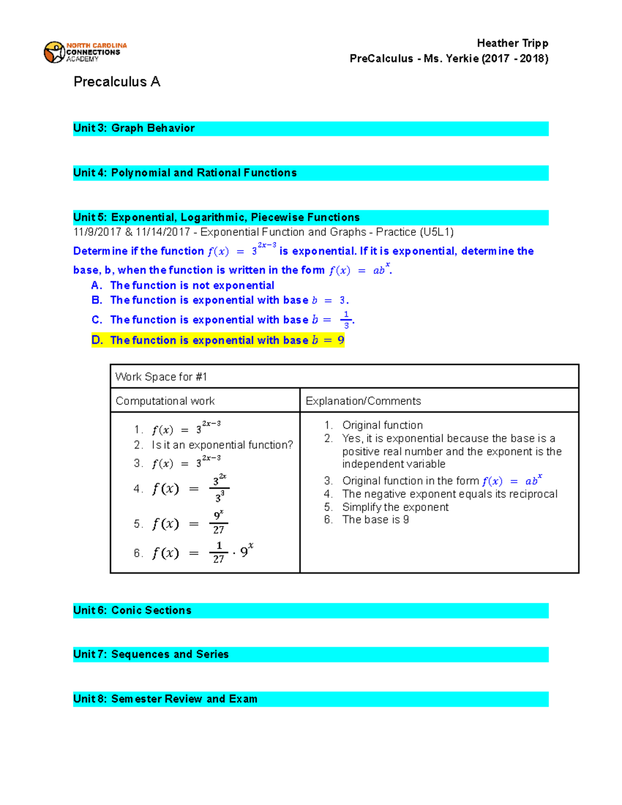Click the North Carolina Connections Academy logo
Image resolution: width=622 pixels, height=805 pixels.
pos(85,52)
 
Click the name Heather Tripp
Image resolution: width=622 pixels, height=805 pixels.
pos(512,43)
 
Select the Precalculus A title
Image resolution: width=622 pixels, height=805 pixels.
pos(117,82)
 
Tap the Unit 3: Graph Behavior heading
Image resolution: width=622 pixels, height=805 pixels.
pos(134,128)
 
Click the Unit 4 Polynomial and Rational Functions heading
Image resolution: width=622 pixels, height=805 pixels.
pos(185,173)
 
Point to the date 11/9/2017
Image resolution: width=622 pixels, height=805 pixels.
pos(97,232)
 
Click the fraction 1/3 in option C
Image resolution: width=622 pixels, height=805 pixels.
pos(346,320)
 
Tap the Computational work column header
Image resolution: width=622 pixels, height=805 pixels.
pos(165,401)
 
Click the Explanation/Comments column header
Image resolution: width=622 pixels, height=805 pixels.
pos(363,401)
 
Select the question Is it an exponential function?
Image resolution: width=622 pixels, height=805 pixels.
pos(222,445)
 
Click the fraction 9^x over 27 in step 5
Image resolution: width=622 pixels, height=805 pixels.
pos(219,522)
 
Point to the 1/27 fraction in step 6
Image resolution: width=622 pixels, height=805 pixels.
pos(219,553)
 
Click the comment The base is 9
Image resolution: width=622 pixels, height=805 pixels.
pos(375,520)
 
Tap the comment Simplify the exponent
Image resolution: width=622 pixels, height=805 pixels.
pos(395,507)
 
